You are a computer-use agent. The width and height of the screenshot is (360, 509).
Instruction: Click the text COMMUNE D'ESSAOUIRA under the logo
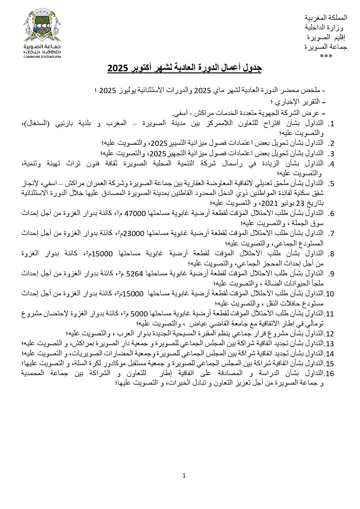coord(42,57)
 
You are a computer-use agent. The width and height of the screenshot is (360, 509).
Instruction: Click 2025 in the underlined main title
coord(118,68)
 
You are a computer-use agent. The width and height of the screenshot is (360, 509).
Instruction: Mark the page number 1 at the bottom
coord(184,475)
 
